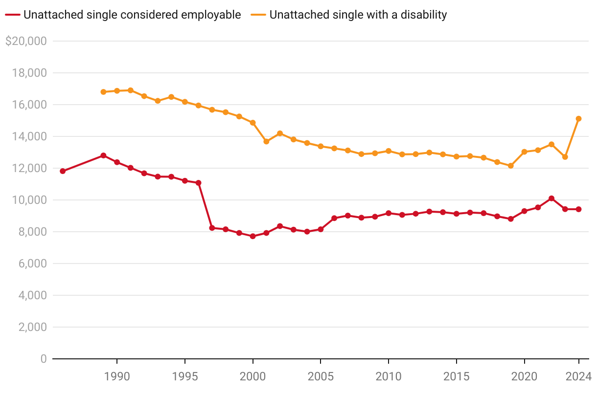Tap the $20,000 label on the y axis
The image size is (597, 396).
click(x=26, y=42)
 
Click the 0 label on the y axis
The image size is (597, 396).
click(x=44, y=359)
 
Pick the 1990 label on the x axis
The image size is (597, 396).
click(x=117, y=376)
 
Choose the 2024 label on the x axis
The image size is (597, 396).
click(x=578, y=376)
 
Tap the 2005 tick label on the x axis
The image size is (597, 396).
click(x=321, y=376)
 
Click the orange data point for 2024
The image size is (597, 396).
click(x=578, y=119)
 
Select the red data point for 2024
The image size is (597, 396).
click(x=578, y=209)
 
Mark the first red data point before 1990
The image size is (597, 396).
click(x=63, y=171)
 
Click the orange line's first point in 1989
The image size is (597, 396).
click(x=103, y=92)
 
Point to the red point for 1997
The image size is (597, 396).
click(x=212, y=228)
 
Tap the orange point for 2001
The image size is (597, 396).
click(x=266, y=142)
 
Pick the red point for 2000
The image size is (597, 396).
click(x=253, y=236)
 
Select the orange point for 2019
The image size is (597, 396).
click(x=510, y=166)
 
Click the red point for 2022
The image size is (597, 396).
click(x=551, y=198)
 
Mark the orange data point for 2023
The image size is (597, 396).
click(x=565, y=157)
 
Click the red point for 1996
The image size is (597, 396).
click(x=198, y=183)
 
